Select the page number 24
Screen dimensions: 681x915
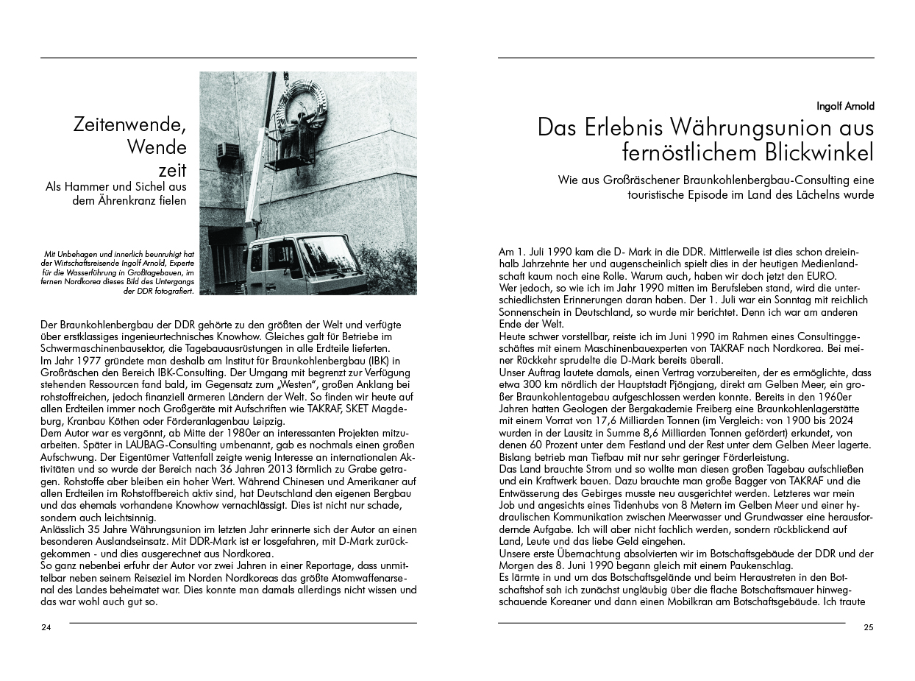pyautogui.click(x=46, y=628)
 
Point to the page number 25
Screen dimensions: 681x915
pyautogui.click(x=869, y=628)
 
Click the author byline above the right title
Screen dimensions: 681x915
pyautogui.click(x=845, y=106)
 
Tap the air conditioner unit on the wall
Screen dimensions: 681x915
pyautogui.click(x=228, y=149)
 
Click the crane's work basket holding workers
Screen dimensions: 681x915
pyautogui.click(x=291, y=151)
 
